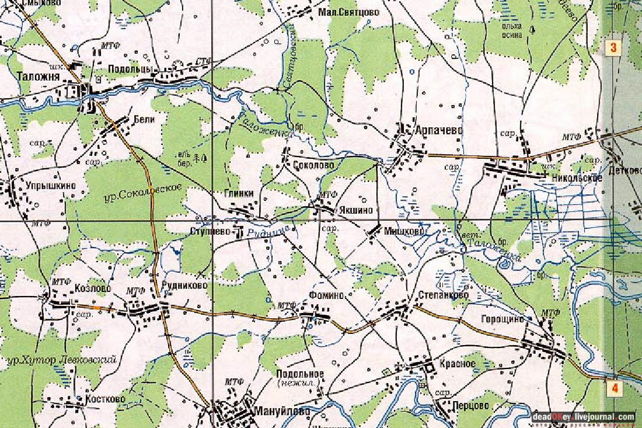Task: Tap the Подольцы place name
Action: [x=130, y=69]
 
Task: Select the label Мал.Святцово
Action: [x=350, y=12]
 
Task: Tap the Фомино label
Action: [x=327, y=295]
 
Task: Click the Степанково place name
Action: [x=443, y=295]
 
